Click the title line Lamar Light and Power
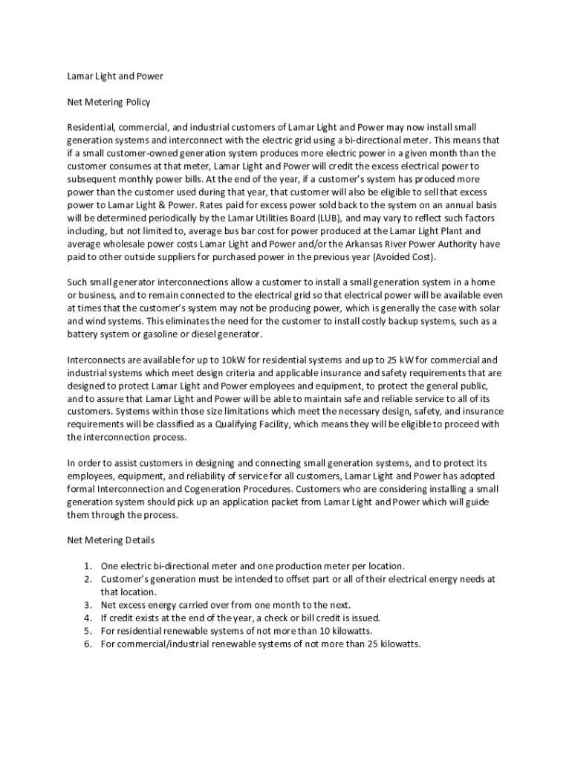click(115, 76)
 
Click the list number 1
click(87, 566)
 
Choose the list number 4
click(87, 618)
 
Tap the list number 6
click(87, 644)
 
